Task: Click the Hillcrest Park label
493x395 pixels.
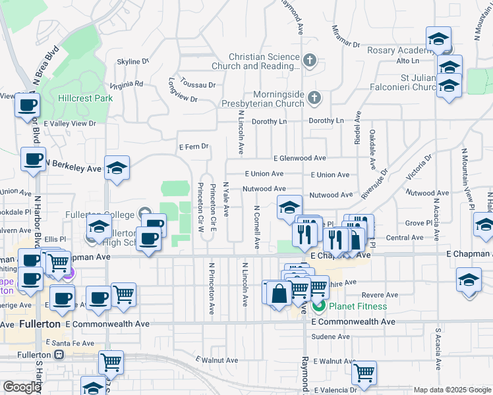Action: tap(85, 98)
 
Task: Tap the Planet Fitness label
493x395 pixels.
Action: tap(359, 306)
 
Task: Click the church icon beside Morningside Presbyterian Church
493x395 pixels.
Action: tap(314, 98)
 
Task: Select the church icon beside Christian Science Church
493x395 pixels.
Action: tap(310, 61)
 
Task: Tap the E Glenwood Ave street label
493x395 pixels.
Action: tap(300, 158)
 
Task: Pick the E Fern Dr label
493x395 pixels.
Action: tap(194, 146)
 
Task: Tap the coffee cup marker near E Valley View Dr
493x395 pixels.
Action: tap(27, 105)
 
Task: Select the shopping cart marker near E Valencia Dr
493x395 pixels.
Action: tap(363, 373)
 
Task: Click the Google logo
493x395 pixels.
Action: tap(22, 387)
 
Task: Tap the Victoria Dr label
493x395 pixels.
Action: tap(419, 166)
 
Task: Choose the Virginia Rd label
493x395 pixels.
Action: tap(127, 84)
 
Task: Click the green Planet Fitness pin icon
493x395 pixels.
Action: tap(318, 306)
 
